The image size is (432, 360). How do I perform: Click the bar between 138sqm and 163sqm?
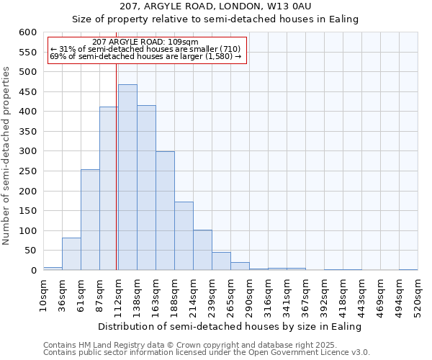[x=146, y=188]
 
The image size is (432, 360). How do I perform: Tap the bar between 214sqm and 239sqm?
[x=202, y=251]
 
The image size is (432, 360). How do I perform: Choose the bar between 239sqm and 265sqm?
[x=221, y=261]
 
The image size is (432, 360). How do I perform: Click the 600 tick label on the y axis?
[x=27, y=32]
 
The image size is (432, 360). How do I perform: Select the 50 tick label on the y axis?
[x=29, y=251]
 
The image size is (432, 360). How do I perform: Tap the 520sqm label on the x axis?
[x=418, y=293]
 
